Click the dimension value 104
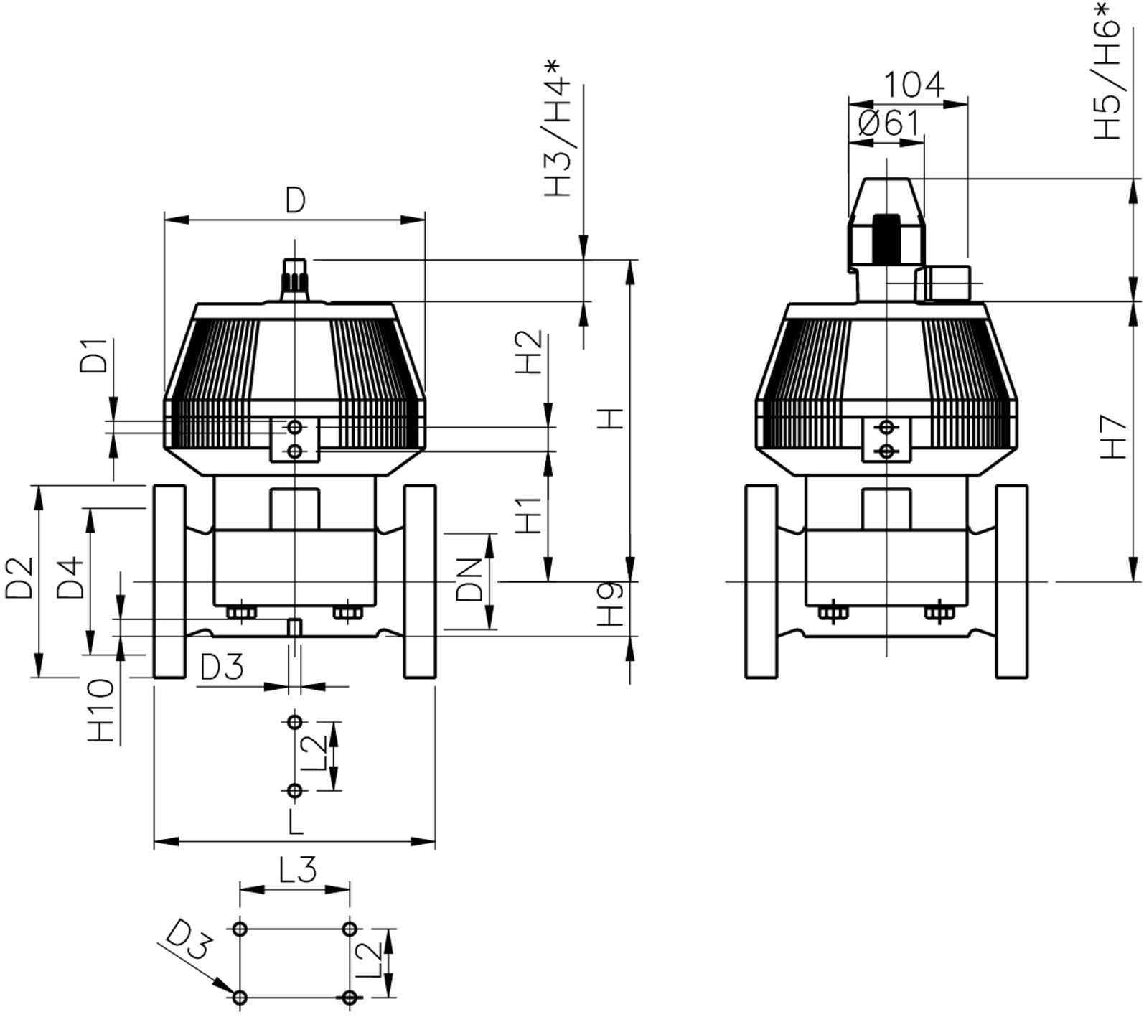point(913,85)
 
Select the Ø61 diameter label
point(889,123)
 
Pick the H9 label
point(611,604)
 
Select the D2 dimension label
point(19,578)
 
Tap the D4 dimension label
point(71,578)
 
